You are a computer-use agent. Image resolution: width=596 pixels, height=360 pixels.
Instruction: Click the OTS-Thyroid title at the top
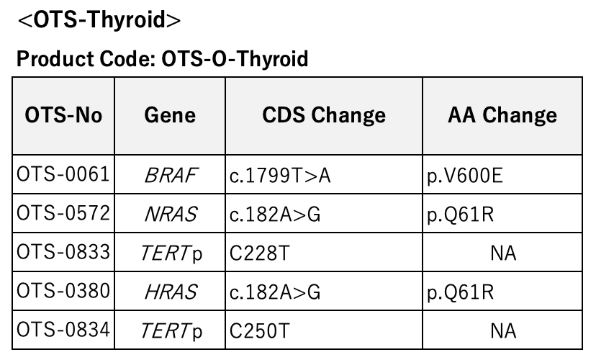(x=99, y=19)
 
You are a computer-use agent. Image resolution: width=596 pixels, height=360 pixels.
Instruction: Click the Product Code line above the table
(x=162, y=59)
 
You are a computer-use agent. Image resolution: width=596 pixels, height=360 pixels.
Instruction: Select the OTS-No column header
(x=63, y=115)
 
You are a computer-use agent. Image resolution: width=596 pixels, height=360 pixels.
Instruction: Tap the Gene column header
(x=170, y=115)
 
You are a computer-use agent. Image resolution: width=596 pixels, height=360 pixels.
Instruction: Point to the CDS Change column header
(x=324, y=115)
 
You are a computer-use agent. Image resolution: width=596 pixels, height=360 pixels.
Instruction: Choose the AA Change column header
(x=502, y=115)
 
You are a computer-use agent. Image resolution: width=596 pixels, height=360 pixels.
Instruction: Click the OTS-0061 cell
(x=63, y=174)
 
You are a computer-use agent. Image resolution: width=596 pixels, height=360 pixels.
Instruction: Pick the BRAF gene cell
(x=171, y=175)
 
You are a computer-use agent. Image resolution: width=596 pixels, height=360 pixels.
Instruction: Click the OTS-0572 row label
(x=63, y=213)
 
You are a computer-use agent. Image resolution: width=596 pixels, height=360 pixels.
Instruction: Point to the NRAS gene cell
(x=171, y=214)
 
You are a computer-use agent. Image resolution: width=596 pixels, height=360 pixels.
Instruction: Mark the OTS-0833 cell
(x=63, y=252)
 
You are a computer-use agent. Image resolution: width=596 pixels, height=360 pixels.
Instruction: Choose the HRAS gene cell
(x=171, y=292)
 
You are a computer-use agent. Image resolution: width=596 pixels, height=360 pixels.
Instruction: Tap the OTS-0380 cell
(x=63, y=291)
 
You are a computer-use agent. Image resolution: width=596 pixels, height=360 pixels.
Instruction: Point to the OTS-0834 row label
(x=63, y=330)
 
